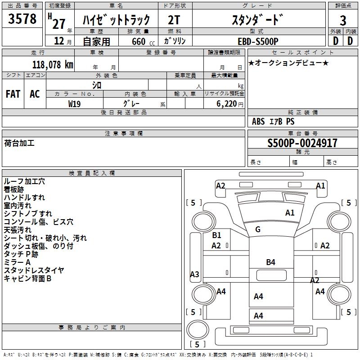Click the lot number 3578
tap(22, 20)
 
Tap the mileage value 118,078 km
tap(53, 64)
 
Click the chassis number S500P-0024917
tap(302, 144)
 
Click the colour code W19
tap(75, 103)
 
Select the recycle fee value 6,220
tap(227, 103)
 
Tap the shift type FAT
tap(13, 94)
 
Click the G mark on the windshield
tap(258, 230)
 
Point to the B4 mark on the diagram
tap(270, 262)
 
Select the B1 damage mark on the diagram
tap(216, 235)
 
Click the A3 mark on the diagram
tap(194, 274)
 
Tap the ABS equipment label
tap(258, 121)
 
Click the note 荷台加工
tap(19, 144)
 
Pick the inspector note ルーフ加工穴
tap(24, 181)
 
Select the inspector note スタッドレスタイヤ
tap(34, 270)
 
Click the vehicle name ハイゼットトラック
tap(116, 20)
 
